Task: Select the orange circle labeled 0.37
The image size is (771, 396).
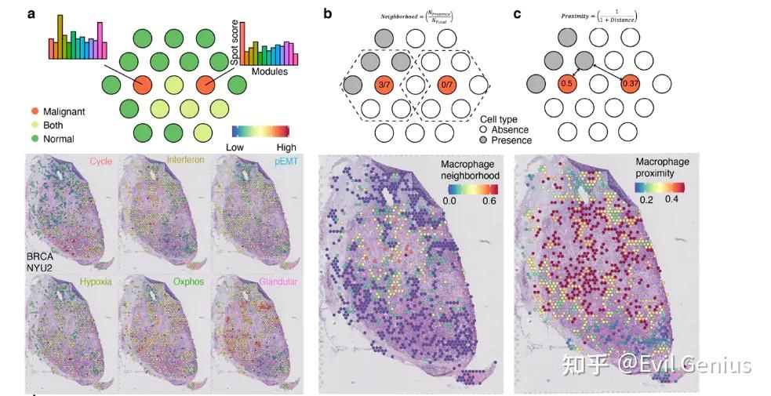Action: click(629, 82)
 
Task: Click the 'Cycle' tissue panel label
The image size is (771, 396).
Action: click(100, 162)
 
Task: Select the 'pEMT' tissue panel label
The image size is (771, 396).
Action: click(287, 162)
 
